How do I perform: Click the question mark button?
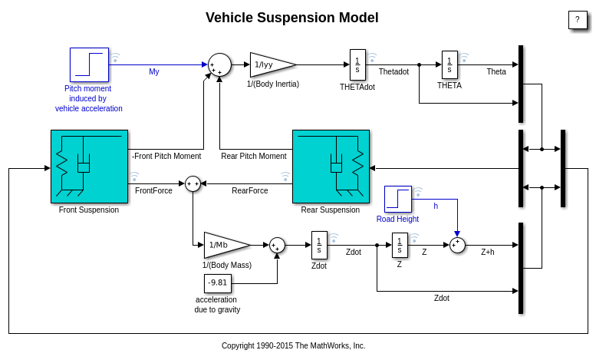pos(577,20)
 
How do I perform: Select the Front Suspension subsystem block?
pos(89,166)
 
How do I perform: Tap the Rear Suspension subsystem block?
pos(331,166)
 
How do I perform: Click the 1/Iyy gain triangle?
pos(270,64)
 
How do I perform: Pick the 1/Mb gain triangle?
pos(224,245)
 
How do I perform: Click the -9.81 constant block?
pos(218,283)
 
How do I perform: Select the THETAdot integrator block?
pos(357,64)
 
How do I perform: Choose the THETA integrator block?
pos(449,64)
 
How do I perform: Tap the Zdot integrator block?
pos(319,245)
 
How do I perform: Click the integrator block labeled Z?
pos(400,245)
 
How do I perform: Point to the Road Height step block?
pos(398,199)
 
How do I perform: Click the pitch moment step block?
pos(89,64)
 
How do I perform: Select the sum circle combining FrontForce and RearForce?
pos(193,183)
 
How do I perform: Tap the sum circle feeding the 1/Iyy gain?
pos(219,64)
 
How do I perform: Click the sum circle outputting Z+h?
pos(457,245)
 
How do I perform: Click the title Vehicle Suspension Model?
pos(291,18)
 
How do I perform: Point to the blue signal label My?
pos(154,72)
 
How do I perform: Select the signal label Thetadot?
pos(393,71)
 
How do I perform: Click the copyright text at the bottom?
pos(293,345)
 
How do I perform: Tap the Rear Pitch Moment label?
pos(253,156)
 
